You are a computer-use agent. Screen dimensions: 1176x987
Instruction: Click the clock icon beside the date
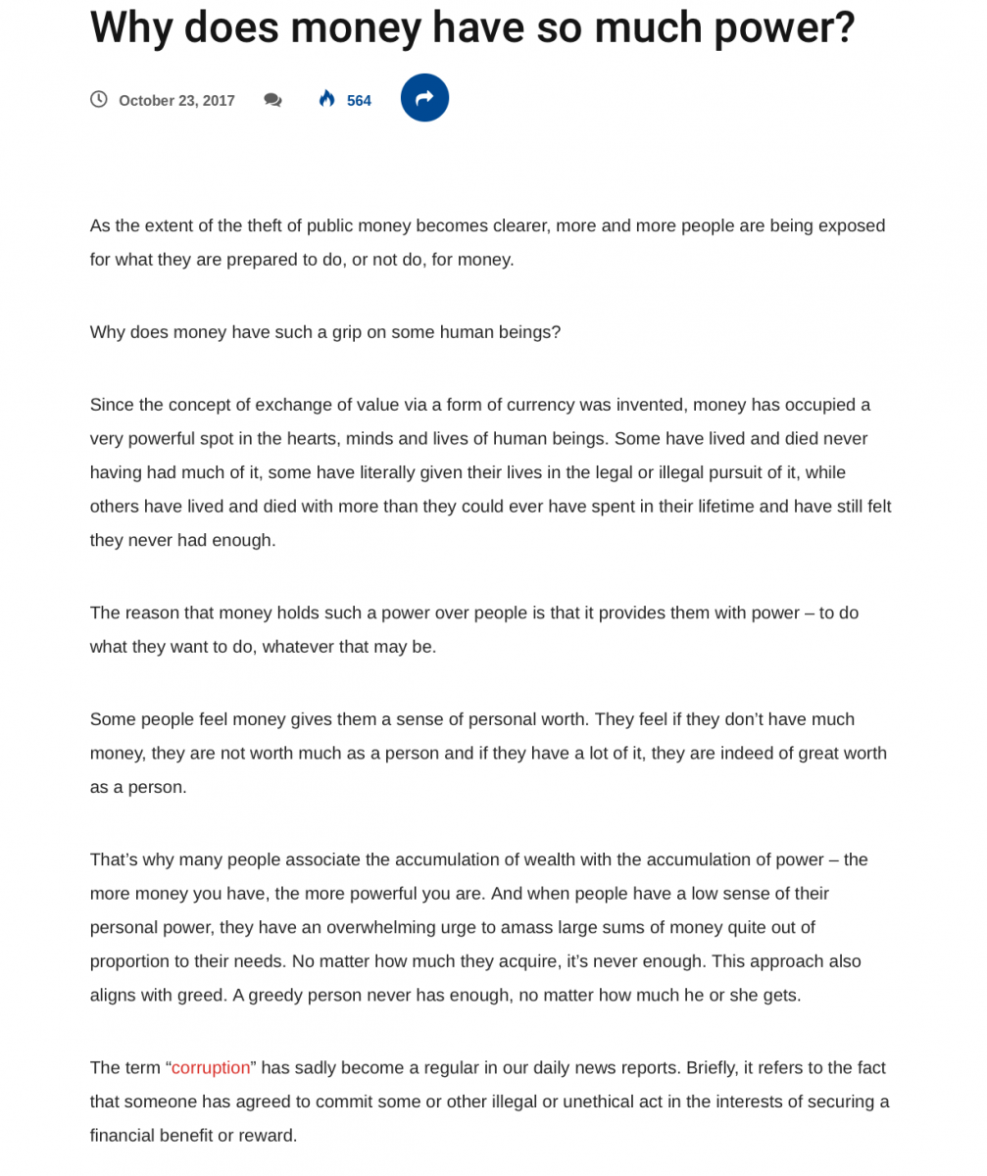tap(99, 100)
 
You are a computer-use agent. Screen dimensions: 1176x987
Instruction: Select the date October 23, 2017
tap(176, 101)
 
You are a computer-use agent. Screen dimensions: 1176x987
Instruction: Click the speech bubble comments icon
tap(272, 100)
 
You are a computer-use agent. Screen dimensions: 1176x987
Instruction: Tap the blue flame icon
tap(327, 99)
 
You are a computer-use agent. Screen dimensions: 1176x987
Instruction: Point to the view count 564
tap(359, 101)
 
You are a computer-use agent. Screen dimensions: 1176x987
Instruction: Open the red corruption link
tap(211, 1067)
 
